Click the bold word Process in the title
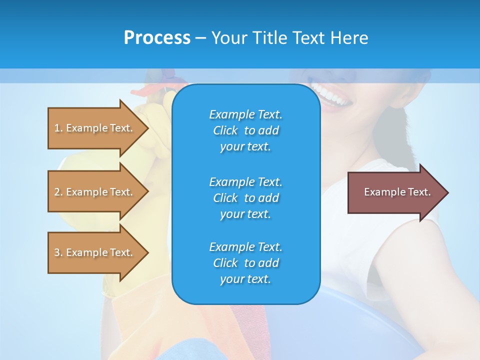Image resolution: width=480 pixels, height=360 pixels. pyautogui.click(x=157, y=38)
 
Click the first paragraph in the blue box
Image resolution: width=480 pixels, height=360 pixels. pyautogui.click(x=245, y=130)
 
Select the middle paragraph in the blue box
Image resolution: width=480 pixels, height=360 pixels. pyautogui.click(x=245, y=198)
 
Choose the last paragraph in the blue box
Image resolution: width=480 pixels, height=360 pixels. pyautogui.click(x=245, y=263)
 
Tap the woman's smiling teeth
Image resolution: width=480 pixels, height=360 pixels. pyautogui.click(x=330, y=95)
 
